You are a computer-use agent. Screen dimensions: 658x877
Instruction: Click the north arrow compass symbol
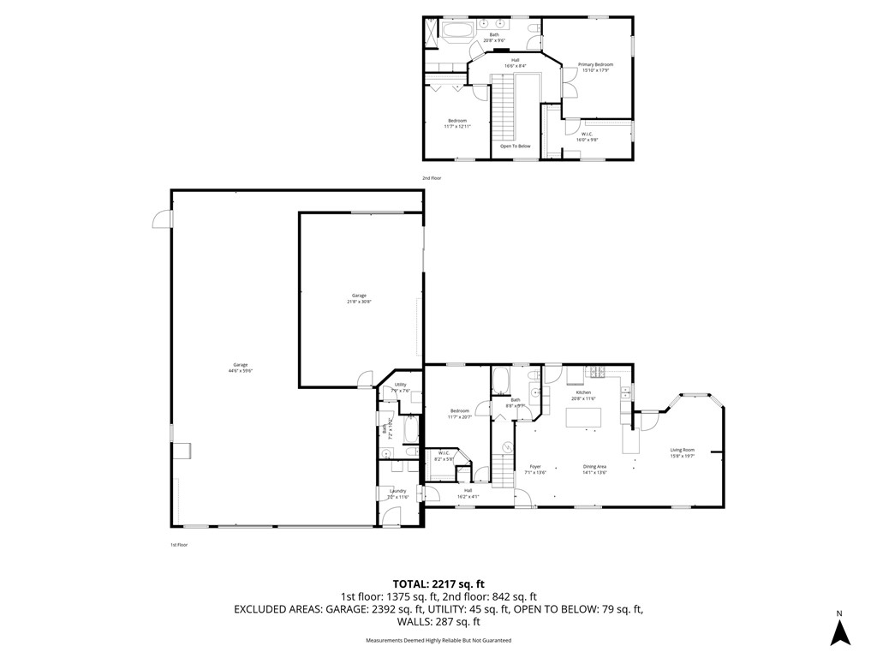click(841, 631)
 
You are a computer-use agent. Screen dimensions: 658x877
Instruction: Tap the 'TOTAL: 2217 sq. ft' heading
click(438, 583)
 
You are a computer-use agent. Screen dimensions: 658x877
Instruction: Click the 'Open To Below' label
click(516, 147)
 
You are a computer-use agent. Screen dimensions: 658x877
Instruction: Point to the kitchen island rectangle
click(583, 418)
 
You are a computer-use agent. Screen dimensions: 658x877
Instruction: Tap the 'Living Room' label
click(682, 453)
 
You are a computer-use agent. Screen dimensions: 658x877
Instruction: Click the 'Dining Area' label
click(594, 469)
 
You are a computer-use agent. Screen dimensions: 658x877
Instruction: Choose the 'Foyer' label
click(535, 469)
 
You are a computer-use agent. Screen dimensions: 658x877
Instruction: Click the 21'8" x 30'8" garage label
click(359, 298)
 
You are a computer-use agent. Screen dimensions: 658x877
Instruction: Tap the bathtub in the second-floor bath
click(456, 32)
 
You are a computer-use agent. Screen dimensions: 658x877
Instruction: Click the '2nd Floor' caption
click(431, 178)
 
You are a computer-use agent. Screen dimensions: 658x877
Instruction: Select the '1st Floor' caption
click(178, 545)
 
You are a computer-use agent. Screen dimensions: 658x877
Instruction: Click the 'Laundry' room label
click(397, 493)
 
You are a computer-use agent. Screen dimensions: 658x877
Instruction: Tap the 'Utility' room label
click(400, 387)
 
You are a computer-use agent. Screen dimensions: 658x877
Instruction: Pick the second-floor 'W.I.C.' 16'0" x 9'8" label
click(587, 136)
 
